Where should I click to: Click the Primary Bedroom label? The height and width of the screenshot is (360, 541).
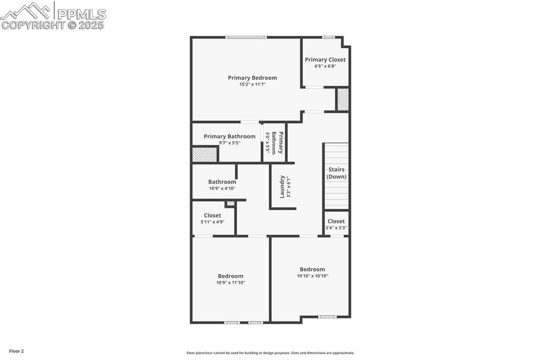tap(252, 78)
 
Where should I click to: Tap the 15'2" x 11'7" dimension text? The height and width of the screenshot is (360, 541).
tap(252, 84)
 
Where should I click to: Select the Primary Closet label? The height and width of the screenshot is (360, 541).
tap(325, 60)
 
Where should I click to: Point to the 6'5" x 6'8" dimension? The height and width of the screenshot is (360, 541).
tap(325, 66)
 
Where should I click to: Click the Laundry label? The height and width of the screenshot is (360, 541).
tap(283, 187)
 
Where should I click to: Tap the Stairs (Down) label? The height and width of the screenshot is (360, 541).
tap(336, 173)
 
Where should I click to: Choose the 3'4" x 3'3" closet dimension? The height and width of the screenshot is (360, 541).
tap(336, 228)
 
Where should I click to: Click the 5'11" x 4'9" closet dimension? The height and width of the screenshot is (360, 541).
tap(212, 222)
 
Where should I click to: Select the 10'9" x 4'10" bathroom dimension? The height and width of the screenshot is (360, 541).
tap(222, 188)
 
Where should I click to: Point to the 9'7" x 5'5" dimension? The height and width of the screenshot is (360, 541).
tap(229, 143)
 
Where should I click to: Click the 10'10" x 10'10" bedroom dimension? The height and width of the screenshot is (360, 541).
tap(312, 276)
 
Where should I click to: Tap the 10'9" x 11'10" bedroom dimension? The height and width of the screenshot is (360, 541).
tap(230, 283)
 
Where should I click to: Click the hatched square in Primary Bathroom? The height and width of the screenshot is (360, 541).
tap(204, 155)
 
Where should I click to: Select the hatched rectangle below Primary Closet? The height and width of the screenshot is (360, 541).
tap(343, 99)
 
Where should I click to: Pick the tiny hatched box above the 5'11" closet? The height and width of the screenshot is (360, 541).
tap(230, 203)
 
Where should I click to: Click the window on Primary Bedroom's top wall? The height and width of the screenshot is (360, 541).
tap(246, 37)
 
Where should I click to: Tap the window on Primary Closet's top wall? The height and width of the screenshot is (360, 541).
tap(328, 37)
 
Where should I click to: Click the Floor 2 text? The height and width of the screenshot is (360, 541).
tap(16, 351)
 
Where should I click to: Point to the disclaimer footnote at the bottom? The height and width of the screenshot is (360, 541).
tap(270, 353)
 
